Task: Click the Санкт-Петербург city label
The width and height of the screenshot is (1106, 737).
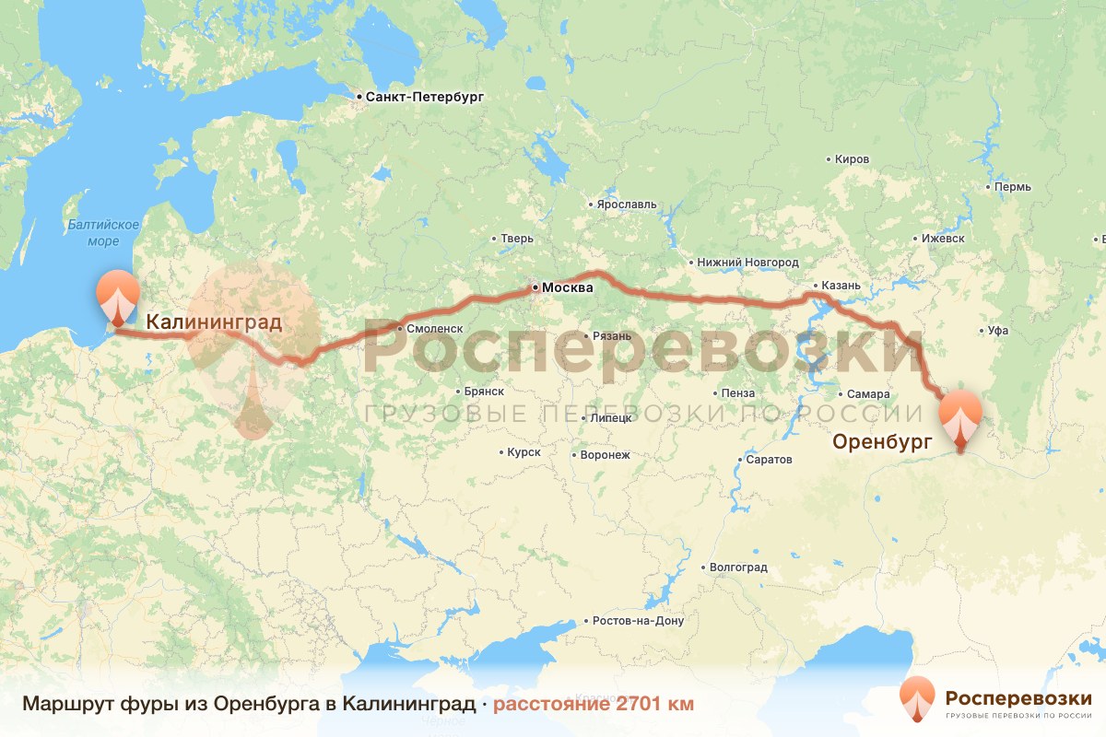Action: (x=424, y=97)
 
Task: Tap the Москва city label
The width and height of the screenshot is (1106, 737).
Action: (x=568, y=288)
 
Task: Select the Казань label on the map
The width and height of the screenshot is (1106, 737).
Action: (x=841, y=286)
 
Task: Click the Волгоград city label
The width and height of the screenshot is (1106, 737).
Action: (x=739, y=567)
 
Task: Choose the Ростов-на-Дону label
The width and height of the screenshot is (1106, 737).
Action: (x=639, y=620)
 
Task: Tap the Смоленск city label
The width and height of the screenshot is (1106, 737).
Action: (x=434, y=328)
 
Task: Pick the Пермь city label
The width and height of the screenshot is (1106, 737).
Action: (x=1013, y=187)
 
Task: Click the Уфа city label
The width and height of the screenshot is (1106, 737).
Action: (x=997, y=330)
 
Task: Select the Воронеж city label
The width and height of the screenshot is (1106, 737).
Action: (x=605, y=454)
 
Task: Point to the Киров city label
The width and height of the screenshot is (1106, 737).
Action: (x=852, y=159)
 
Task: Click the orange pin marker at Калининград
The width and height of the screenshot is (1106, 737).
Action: (x=118, y=297)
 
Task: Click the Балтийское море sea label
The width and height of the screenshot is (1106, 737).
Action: (x=103, y=233)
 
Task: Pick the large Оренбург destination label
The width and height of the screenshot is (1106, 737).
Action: (x=882, y=442)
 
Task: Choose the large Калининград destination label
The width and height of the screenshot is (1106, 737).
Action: (x=214, y=322)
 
